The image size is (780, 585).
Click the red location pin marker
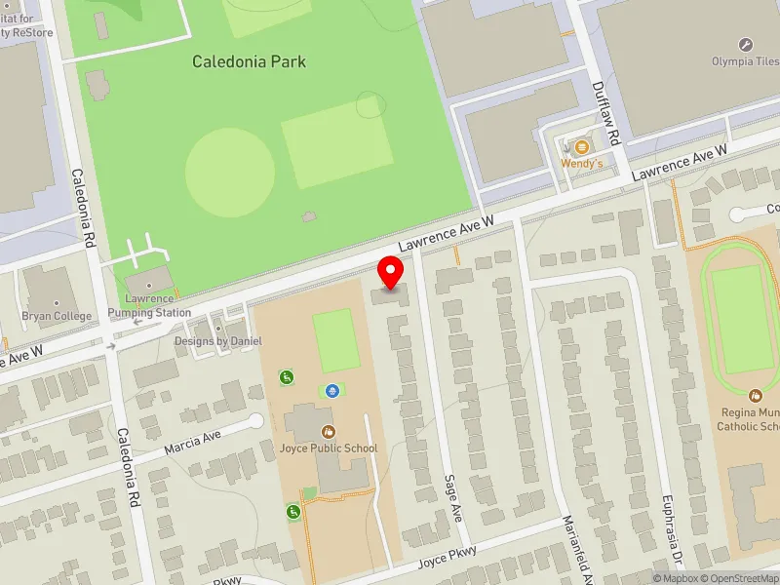click(391, 272)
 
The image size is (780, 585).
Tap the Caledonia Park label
click(249, 61)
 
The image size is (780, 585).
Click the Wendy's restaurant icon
click(582, 147)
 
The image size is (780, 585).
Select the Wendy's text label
click(582, 164)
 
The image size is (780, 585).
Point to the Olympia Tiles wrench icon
click(746, 45)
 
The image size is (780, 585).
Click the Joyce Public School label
click(328, 448)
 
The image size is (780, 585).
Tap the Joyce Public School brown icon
click(328, 430)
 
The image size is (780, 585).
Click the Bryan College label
click(57, 316)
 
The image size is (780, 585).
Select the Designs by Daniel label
click(218, 341)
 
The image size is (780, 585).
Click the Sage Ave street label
click(451, 498)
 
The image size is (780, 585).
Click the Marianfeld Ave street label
click(574, 556)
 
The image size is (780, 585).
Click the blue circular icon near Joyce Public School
click(332, 391)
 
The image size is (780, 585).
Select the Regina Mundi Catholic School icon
click(755, 396)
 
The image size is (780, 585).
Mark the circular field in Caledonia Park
click(229, 172)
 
